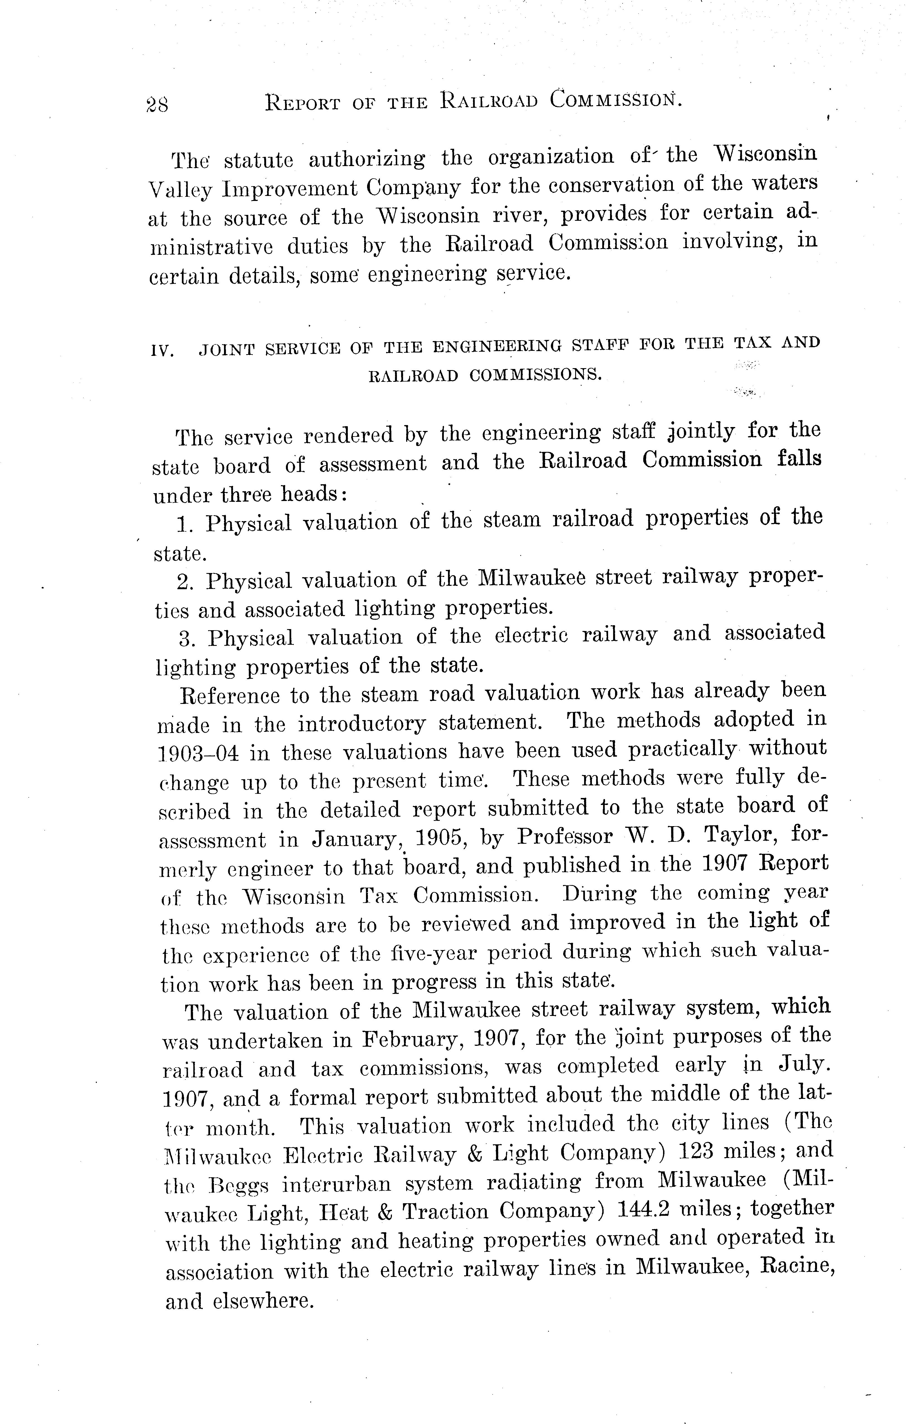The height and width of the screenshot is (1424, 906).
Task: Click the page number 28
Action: pos(156,105)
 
